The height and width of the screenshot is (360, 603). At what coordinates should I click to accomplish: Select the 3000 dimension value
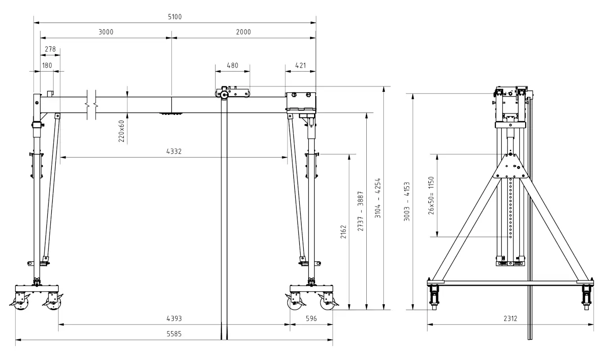pos(106,32)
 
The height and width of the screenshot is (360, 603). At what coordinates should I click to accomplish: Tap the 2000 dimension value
pos(243,32)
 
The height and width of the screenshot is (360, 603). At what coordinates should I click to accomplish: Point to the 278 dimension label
pos(50,49)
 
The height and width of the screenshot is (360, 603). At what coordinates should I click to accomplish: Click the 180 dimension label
pos(47,65)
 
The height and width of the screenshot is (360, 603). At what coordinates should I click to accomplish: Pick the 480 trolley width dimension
pos(232,65)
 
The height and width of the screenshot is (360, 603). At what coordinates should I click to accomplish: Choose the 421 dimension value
pos(300,65)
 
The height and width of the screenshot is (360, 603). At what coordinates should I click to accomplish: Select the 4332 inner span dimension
pos(174,152)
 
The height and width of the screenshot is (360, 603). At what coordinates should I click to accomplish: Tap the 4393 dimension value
pos(174,318)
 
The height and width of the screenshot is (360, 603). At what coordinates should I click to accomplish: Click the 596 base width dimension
pos(311,318)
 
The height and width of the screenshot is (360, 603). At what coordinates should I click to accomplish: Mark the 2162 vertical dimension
pos(343,232)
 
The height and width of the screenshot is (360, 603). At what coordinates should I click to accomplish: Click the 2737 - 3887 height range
pos(360,211)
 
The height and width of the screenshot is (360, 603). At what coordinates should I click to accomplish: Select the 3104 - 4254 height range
pos(378,198)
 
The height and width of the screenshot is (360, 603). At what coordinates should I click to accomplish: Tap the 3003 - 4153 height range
pos(406,202)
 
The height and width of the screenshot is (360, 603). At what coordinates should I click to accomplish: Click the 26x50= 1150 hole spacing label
pos(431,195)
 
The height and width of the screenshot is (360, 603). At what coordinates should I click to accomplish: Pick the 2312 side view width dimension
pos(510,318)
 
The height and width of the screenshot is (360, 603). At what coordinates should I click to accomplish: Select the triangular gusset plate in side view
pos(510,166)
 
